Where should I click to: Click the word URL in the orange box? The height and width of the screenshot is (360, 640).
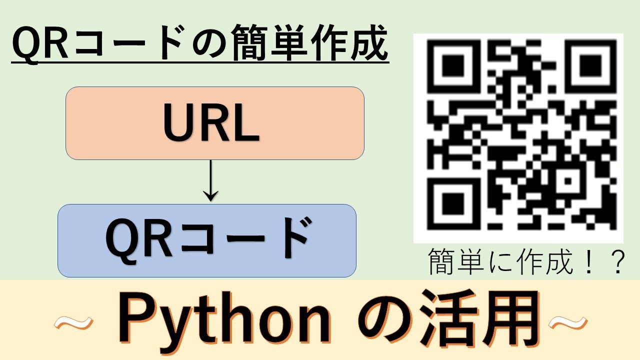tap(211, 123)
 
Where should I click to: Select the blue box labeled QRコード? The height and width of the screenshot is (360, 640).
tap(207, 240)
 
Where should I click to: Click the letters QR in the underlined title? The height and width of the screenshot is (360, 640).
tap(37, 46)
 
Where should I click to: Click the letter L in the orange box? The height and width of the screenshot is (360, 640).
tap(246, 123)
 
